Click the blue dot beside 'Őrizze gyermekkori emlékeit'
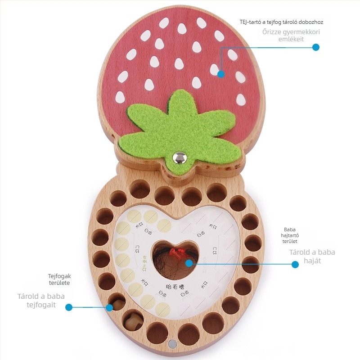tap(316, 47)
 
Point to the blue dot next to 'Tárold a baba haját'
tap(295, 265)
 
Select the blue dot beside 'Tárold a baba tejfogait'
tap(69, 307)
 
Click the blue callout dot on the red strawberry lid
tap(220, 73)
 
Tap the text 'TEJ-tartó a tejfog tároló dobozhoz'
tap(281, 22)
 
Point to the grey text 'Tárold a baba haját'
tap(312, 256)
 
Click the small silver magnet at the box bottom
tap(172, 344)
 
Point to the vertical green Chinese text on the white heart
tap(145, 262)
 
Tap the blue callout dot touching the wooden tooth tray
tap(109, 307)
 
